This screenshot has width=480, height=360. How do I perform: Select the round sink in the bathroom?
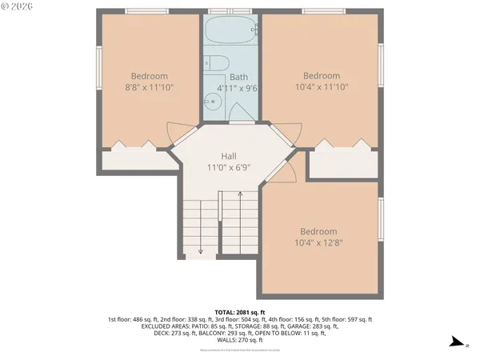tap(212, 101)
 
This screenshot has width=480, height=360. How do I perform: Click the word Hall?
tap(229, 157)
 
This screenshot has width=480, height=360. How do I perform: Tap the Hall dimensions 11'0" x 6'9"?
tap(229, 169)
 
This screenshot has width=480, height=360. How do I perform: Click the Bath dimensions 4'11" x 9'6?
tap(232, 88)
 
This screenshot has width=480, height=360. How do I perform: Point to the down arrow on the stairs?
tap(200, 250)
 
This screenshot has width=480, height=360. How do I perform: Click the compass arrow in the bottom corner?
tap(455, 342)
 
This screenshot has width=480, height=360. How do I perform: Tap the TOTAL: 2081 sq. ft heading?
tap(239, 312)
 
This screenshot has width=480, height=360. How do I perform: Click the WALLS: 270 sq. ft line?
tap(239, 339)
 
